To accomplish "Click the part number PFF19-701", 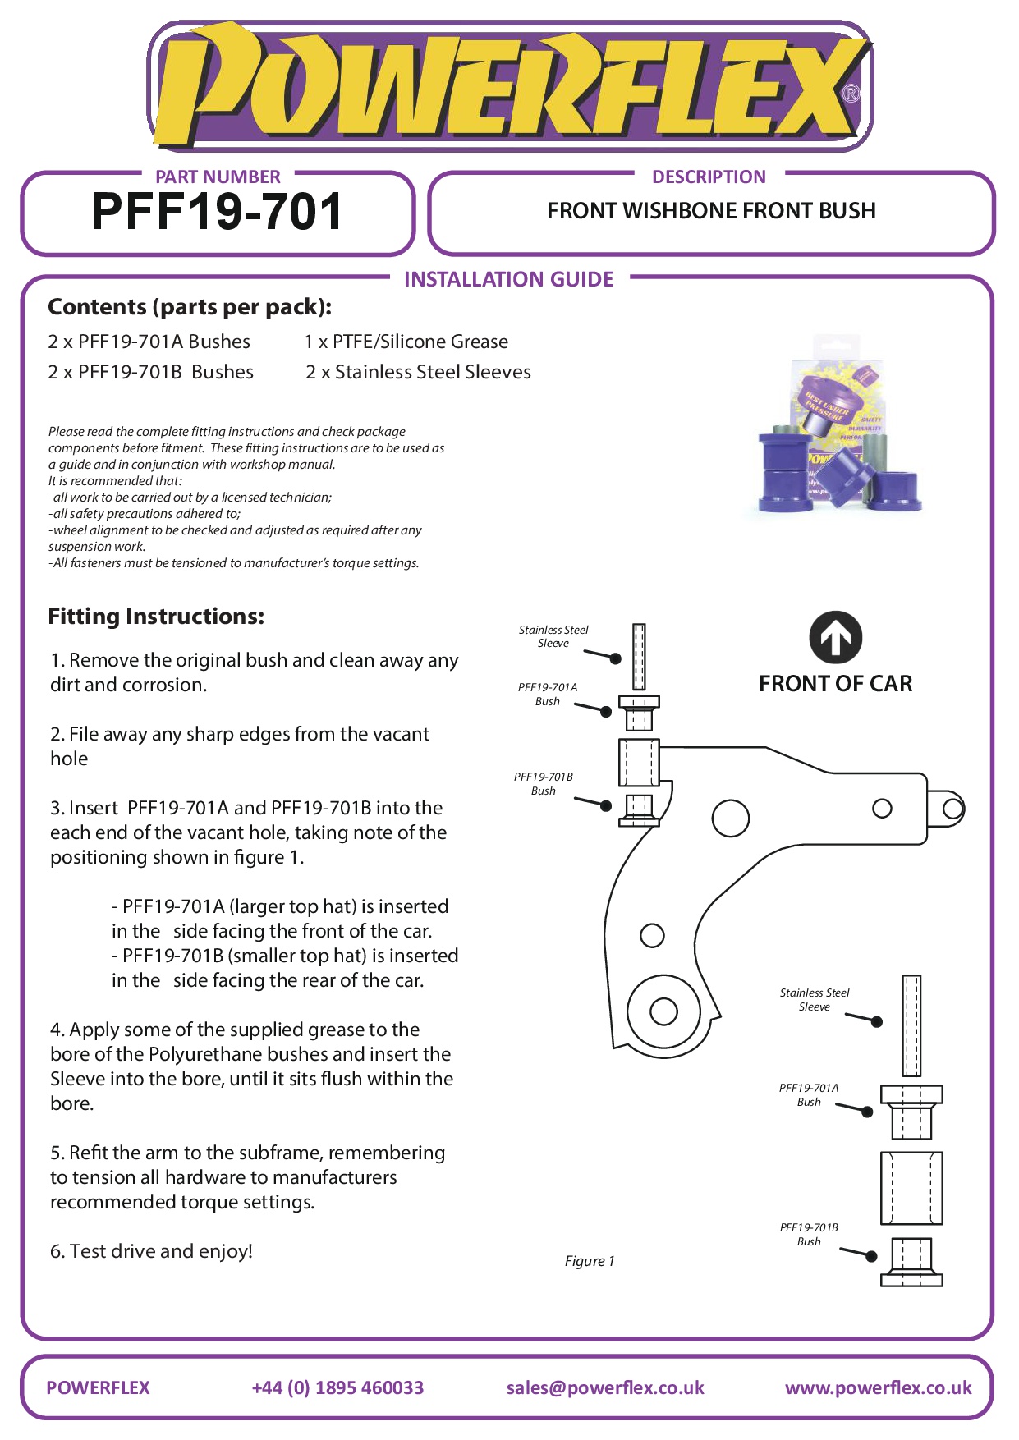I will (217, 213).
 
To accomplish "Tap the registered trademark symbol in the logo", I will (851, 94).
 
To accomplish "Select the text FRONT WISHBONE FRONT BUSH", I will (711, 211).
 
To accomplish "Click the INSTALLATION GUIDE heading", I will (508, 280).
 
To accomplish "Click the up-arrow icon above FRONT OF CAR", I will (835, 638).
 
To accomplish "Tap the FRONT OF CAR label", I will (835, 684).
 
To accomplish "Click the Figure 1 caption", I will (589, 1261).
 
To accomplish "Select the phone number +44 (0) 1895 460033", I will (337, 1387).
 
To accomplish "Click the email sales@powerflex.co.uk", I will (605, 1387).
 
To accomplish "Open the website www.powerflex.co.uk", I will (878, 1387).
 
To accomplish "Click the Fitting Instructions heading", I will (156, 617).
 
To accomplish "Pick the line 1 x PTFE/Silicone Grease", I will (406, 342).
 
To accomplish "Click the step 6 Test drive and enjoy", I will (151, 1251).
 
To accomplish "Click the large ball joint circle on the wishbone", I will (663, 1011).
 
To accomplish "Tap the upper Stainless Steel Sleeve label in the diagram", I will (553, 636).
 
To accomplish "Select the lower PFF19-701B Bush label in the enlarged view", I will (809, 1234).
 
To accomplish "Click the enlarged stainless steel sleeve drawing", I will (911, 1025).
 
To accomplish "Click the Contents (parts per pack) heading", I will (190, 307).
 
